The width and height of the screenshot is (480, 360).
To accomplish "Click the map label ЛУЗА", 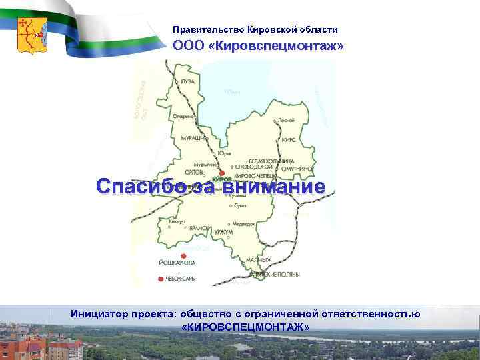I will coord(188,81).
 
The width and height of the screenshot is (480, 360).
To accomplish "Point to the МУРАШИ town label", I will coord(191,137).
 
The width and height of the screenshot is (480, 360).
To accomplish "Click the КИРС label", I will coord(289,141).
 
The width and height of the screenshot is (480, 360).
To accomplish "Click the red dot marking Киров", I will coord(222,173).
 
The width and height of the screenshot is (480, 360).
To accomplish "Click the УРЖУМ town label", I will coord(223,231).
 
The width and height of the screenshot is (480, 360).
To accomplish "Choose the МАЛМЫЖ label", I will coord(259,259).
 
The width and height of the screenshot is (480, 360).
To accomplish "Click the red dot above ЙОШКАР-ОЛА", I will coord(184,256).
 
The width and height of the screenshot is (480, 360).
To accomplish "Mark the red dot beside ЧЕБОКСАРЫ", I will coord(160,279).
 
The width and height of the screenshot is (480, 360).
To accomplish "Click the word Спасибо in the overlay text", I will coord(140,186).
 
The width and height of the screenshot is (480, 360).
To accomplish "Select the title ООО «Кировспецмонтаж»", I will coord(258,46).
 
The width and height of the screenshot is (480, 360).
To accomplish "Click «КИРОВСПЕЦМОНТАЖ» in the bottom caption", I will coord(245,327).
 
